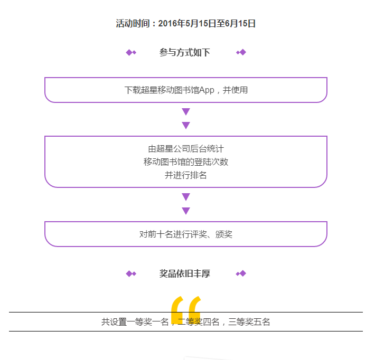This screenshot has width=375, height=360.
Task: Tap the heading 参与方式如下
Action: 185,52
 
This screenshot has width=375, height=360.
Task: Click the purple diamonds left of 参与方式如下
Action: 131,52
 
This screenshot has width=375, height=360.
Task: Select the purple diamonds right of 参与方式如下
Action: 241,52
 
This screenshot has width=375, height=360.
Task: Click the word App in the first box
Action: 207,90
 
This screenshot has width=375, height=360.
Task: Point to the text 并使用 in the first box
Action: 235,90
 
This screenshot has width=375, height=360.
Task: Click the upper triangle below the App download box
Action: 186,111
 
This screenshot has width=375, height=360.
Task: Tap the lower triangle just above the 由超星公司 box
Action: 186,125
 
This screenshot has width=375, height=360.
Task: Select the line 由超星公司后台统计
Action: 186,149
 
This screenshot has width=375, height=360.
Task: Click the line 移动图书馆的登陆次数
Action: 186,162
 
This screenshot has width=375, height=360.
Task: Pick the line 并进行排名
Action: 186,175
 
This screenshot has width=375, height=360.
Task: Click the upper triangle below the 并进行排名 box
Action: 186,197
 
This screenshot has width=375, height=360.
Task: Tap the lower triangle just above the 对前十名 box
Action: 186,211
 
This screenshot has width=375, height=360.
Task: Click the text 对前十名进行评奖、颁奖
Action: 186,234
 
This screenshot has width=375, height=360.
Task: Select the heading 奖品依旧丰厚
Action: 185,274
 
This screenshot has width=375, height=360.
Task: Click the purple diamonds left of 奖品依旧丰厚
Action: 131,273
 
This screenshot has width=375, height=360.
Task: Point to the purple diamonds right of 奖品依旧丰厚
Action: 241,273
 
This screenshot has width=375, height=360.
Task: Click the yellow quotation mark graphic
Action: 186,310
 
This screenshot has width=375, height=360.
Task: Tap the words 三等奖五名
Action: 249,322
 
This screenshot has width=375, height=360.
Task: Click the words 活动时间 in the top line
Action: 133,23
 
